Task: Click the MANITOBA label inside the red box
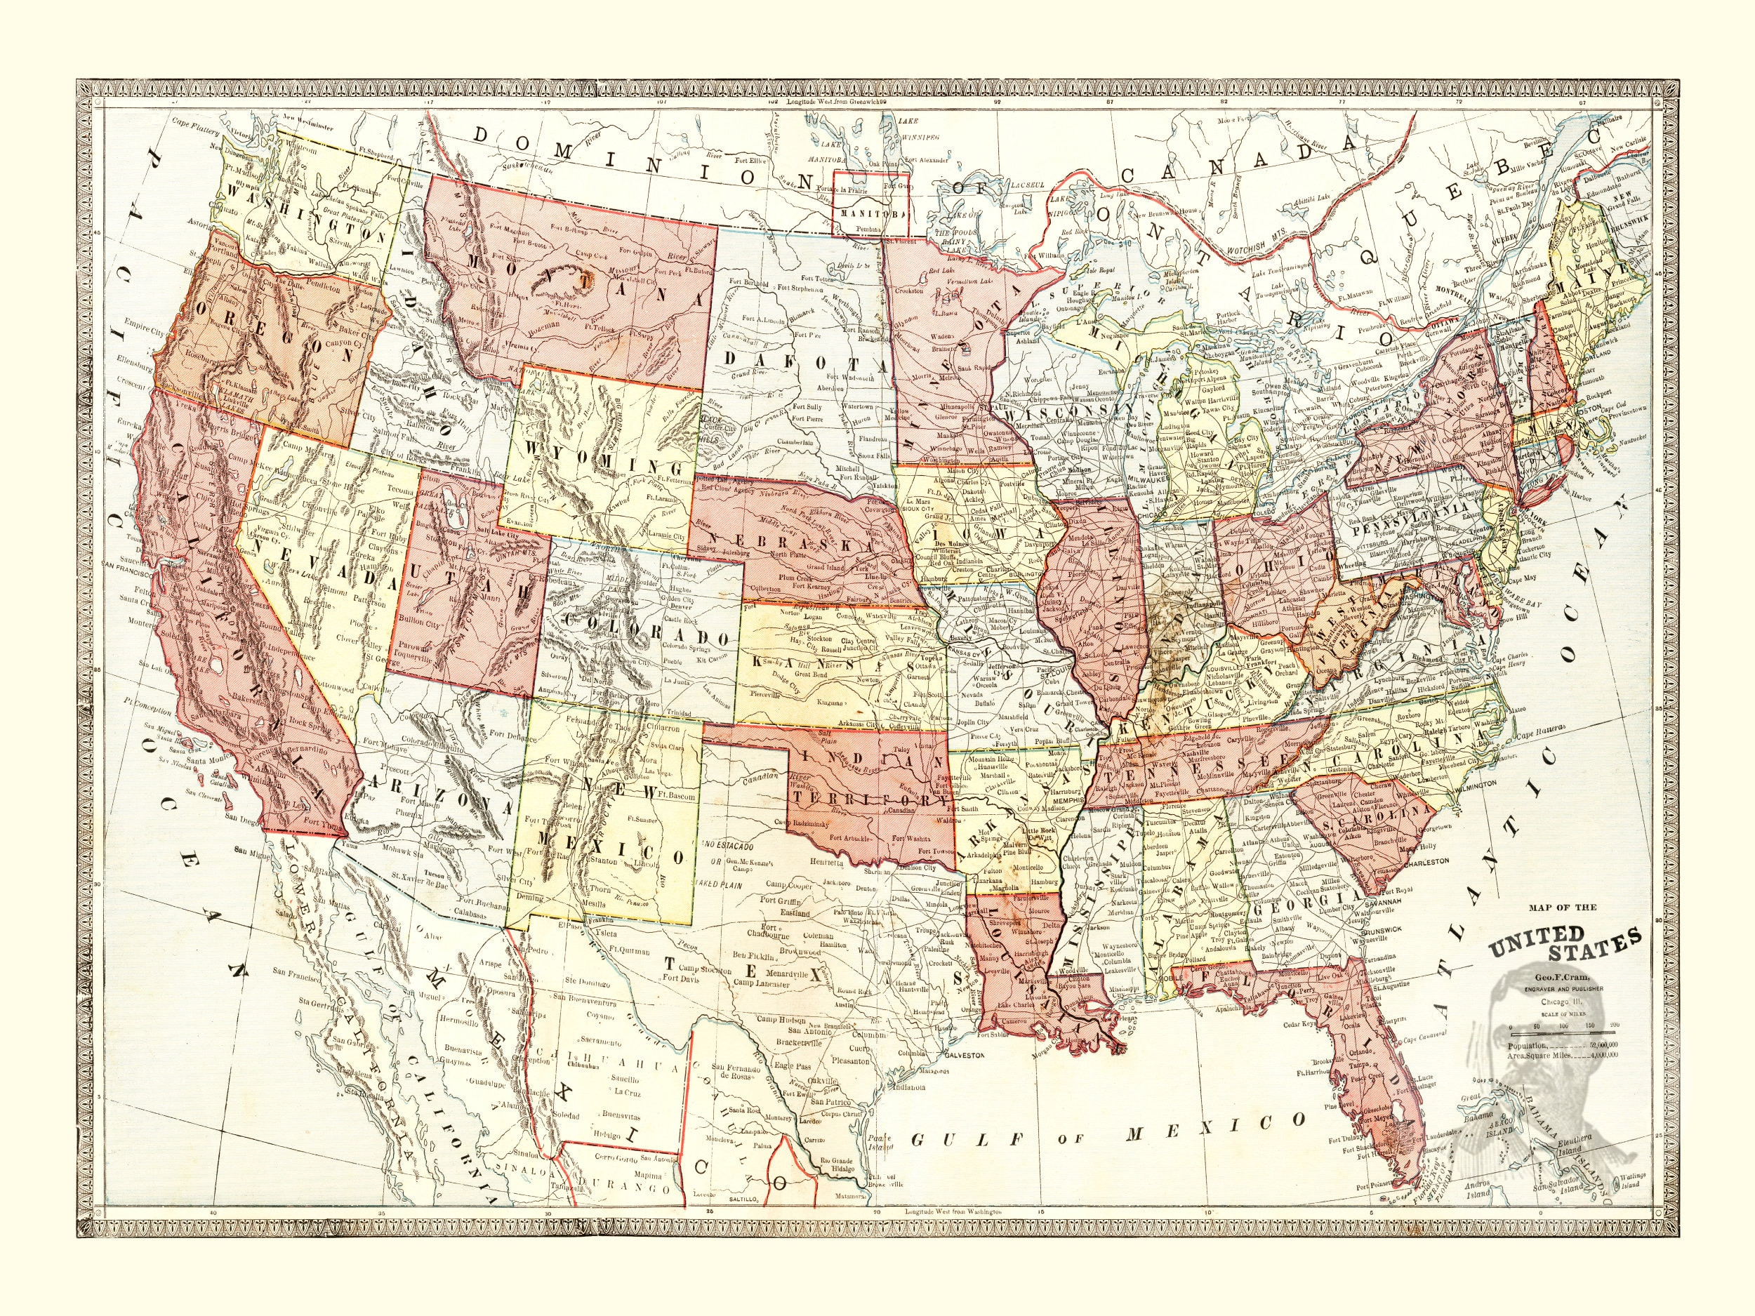click(870, 215)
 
